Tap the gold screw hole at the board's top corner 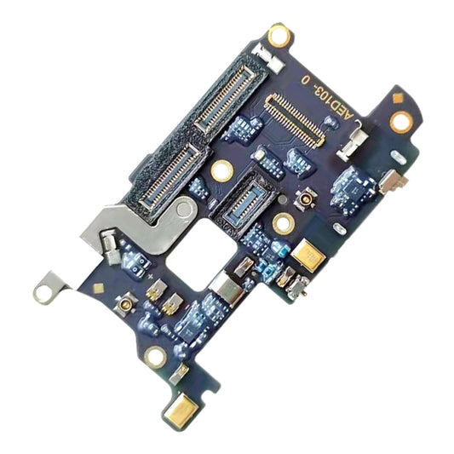pyautogui.click(x=279, y=36)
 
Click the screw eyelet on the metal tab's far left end pyautogui.click(x=42, y=293)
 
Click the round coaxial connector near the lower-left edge pyautogui.click(x=127, y=305)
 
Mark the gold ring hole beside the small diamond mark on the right pyautogui.click(x=400, y=120)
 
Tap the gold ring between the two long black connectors pyautogui.click(x=221, y=170)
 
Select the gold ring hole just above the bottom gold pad pyautogui.click(x=156, y=356)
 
